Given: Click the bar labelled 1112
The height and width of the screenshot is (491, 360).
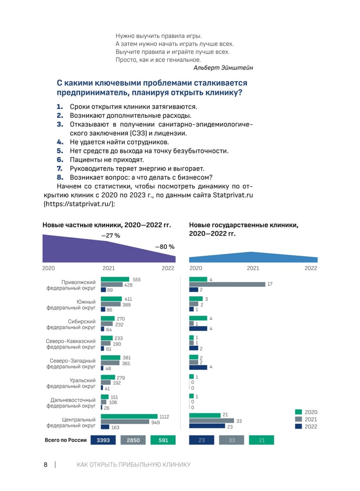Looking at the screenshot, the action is point(129,416).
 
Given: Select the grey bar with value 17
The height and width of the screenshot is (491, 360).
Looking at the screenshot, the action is point(227,284).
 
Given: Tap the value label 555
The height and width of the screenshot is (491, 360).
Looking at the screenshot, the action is point(137,279).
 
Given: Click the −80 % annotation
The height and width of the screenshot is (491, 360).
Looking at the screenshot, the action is point(165,247).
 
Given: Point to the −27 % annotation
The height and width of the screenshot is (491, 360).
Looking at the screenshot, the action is point(110,236).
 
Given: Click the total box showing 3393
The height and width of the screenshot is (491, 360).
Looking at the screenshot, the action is point(103,440).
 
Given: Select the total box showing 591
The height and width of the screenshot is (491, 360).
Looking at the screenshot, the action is point(163,440).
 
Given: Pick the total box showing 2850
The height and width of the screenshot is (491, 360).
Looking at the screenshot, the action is point(133,440).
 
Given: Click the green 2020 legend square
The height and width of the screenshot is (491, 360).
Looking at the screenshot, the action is point(298,412).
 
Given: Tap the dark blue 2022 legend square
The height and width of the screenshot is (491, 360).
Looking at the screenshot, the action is point(298,426).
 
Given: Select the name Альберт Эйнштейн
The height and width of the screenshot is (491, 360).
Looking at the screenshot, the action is point(223,68).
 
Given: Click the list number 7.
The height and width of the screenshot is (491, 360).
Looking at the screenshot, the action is point(60,169).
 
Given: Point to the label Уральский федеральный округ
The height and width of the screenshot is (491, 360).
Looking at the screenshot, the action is point(71,383).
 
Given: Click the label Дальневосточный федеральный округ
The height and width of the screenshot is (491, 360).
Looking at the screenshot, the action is point(71,403).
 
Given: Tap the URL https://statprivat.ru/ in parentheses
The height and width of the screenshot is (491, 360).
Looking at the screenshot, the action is point(79,204).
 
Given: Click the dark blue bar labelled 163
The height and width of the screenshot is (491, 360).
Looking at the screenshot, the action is point(105,427).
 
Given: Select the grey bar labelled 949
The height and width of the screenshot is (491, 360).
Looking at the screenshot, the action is point(125,421).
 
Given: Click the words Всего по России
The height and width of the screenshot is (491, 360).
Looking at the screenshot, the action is point(66,440).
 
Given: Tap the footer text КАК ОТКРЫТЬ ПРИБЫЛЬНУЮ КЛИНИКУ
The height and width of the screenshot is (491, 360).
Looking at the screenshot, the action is point(134,465).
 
